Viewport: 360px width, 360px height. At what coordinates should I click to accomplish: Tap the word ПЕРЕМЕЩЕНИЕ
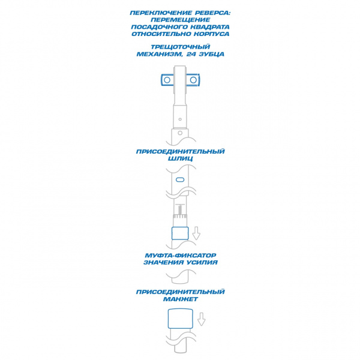180,20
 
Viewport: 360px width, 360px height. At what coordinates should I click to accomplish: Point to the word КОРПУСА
211,34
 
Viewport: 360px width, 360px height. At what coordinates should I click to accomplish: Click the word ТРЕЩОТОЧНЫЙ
180,47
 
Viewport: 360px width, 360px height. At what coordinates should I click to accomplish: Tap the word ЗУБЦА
211,54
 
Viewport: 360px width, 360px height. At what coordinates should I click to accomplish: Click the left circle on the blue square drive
167,80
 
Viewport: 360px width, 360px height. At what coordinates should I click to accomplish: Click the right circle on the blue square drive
193,80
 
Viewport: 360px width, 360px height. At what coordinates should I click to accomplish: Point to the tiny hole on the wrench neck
180,119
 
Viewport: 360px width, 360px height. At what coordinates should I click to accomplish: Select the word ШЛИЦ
180,158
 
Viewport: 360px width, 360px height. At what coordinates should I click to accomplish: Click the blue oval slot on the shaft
180,179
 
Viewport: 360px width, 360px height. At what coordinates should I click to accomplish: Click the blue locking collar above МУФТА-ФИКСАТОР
180,233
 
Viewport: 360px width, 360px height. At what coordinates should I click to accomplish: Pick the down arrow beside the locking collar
196,233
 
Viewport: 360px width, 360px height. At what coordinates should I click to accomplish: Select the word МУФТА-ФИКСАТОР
180,256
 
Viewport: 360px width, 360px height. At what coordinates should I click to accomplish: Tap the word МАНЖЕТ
180,299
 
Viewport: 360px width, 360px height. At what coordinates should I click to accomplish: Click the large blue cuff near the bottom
180,319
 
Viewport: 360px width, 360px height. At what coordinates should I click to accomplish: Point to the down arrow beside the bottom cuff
202,319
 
